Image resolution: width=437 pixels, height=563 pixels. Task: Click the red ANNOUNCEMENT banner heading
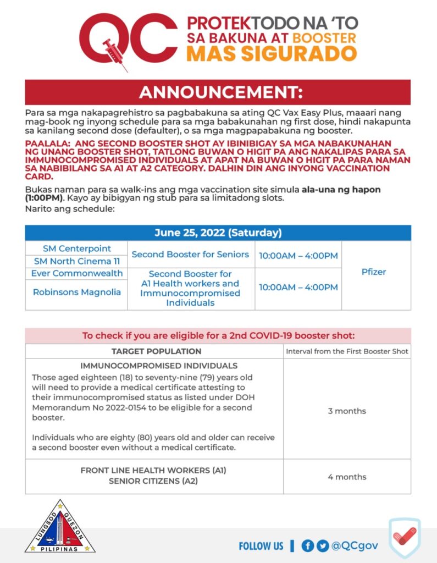[218, 92]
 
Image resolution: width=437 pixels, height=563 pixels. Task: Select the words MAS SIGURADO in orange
[272, 54]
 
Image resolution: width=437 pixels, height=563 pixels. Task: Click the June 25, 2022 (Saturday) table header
[218, 233]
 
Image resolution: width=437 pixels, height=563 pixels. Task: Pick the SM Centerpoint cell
[77, 248]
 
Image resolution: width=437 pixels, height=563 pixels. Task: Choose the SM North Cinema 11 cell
[77, 261]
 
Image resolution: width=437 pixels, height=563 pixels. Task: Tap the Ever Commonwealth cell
[77, 273]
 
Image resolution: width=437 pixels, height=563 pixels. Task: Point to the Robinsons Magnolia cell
[77, 292]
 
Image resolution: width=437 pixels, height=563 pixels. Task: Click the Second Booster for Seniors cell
[190, 255]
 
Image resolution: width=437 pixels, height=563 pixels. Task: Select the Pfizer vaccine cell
[374, 272]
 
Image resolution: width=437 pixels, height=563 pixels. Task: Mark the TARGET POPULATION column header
[157, 351]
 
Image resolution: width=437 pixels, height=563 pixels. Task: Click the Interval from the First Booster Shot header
[347, 351]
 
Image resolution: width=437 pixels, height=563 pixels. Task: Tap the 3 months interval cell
[347, 411]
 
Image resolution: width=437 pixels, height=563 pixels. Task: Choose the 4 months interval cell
[347, 477]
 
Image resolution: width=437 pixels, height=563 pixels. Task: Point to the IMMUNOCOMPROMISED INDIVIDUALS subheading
[159, 366]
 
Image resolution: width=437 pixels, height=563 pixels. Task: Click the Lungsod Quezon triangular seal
[60, 528]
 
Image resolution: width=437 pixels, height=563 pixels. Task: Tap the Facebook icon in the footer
[308, 545]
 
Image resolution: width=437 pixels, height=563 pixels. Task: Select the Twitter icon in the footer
[323, 545]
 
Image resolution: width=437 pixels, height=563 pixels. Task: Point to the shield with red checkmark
[405, 538]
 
